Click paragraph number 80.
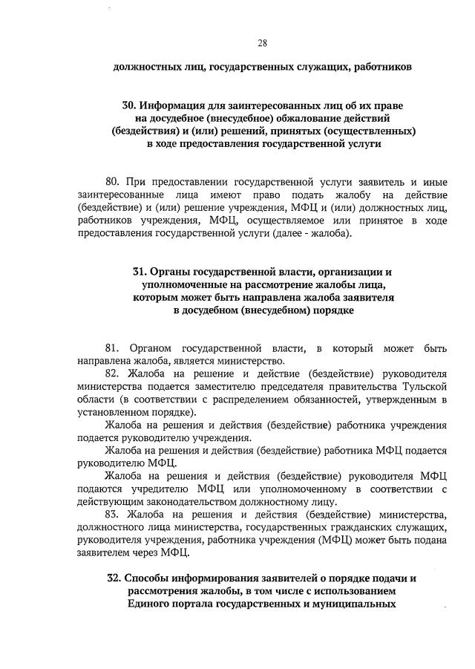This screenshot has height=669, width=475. (114, 182)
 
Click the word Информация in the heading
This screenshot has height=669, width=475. (169, 106)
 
